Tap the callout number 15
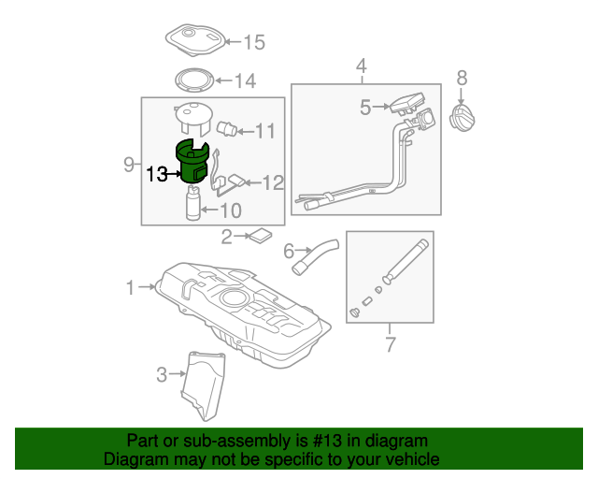[254, 42]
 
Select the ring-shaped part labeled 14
[193, 80]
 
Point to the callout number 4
[362, 65]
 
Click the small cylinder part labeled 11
[226, 128]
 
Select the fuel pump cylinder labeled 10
[193, 203]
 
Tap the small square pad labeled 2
[261, 236]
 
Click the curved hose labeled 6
[315, 256]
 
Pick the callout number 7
[391, 344]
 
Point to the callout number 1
[131, 287]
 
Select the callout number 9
[129, 165]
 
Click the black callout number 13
[157, 174]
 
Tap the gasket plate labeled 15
[195, 40]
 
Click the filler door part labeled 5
[407, 103]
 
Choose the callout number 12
[273, 183]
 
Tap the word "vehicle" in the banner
[414, 458]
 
